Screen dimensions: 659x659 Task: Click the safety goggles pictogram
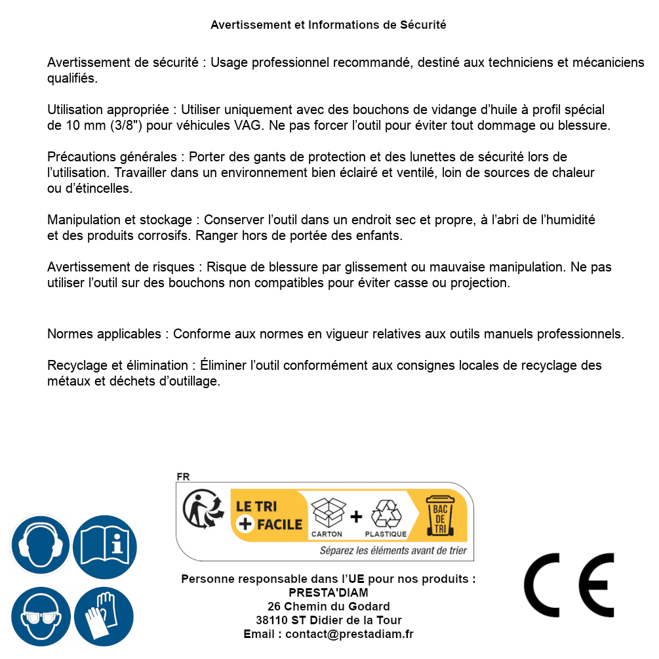40,617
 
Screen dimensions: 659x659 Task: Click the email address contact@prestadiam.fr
349,634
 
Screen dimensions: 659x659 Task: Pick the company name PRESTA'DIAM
328,593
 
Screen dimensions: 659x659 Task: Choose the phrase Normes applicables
107,334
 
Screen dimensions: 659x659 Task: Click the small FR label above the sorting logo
183,477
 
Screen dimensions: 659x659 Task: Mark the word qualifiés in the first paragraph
72,78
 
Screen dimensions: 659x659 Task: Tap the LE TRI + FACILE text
269,515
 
